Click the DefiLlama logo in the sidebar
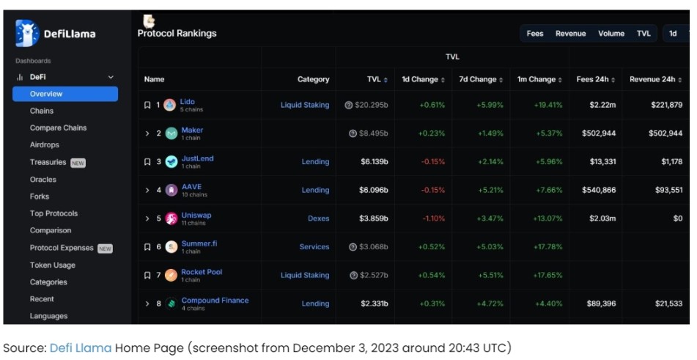coord(56,33)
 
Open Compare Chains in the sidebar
coord(58,128)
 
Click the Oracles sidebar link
coord(43,180)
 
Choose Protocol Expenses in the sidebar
coord(62,248)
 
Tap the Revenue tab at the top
coord(570,34)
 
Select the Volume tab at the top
coord(611,34)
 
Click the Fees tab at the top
coord(535,34)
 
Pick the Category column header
coord(313,79)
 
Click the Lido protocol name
coord(187,102)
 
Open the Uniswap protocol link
coord(196,216)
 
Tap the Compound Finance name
coord(215,301)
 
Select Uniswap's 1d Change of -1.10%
coord(432,218)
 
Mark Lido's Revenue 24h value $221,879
coord(665,105)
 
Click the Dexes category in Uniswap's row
coord(318,218)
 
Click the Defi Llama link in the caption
coord(81,348)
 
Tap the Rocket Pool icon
coord(171,275)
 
